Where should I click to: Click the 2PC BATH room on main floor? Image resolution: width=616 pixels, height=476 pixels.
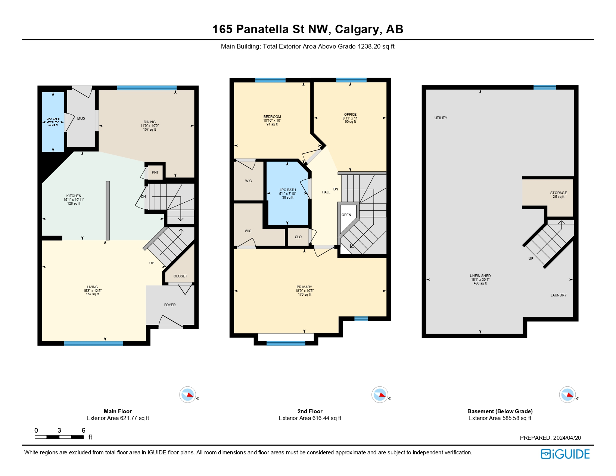pos(53,122)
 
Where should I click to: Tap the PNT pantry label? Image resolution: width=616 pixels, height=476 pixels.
pos(155,172)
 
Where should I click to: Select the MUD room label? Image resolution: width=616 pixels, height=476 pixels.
pos(81,119)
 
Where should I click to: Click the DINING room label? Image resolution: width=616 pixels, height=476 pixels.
pos(150,122)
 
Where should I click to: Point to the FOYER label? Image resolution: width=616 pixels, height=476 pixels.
pos(170,305)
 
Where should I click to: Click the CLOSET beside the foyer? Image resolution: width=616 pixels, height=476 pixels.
pos(180,276)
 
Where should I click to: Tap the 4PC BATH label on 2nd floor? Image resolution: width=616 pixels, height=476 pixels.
pos(287,190)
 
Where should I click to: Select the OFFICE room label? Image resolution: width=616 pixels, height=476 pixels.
pos(350,115)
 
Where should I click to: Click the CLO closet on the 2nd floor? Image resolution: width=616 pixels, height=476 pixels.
pos(298,237)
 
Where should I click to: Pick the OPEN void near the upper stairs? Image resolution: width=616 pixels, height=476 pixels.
pos(346,215)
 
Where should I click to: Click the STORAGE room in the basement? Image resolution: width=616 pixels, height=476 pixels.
pos(558,193)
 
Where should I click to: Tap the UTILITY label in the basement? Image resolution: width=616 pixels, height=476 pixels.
pos(441,118)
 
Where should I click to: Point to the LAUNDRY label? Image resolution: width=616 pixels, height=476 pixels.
pos(558,295)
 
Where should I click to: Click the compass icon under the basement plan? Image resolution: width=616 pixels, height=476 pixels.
pos(567,395)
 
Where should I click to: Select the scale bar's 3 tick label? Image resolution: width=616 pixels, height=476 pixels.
pos(59,430)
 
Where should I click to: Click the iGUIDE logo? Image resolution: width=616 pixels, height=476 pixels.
pos(565,454)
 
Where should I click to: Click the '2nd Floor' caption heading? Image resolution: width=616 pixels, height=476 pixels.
pos(310,411)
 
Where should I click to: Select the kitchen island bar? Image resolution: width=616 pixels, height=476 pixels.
pos(108,210)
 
